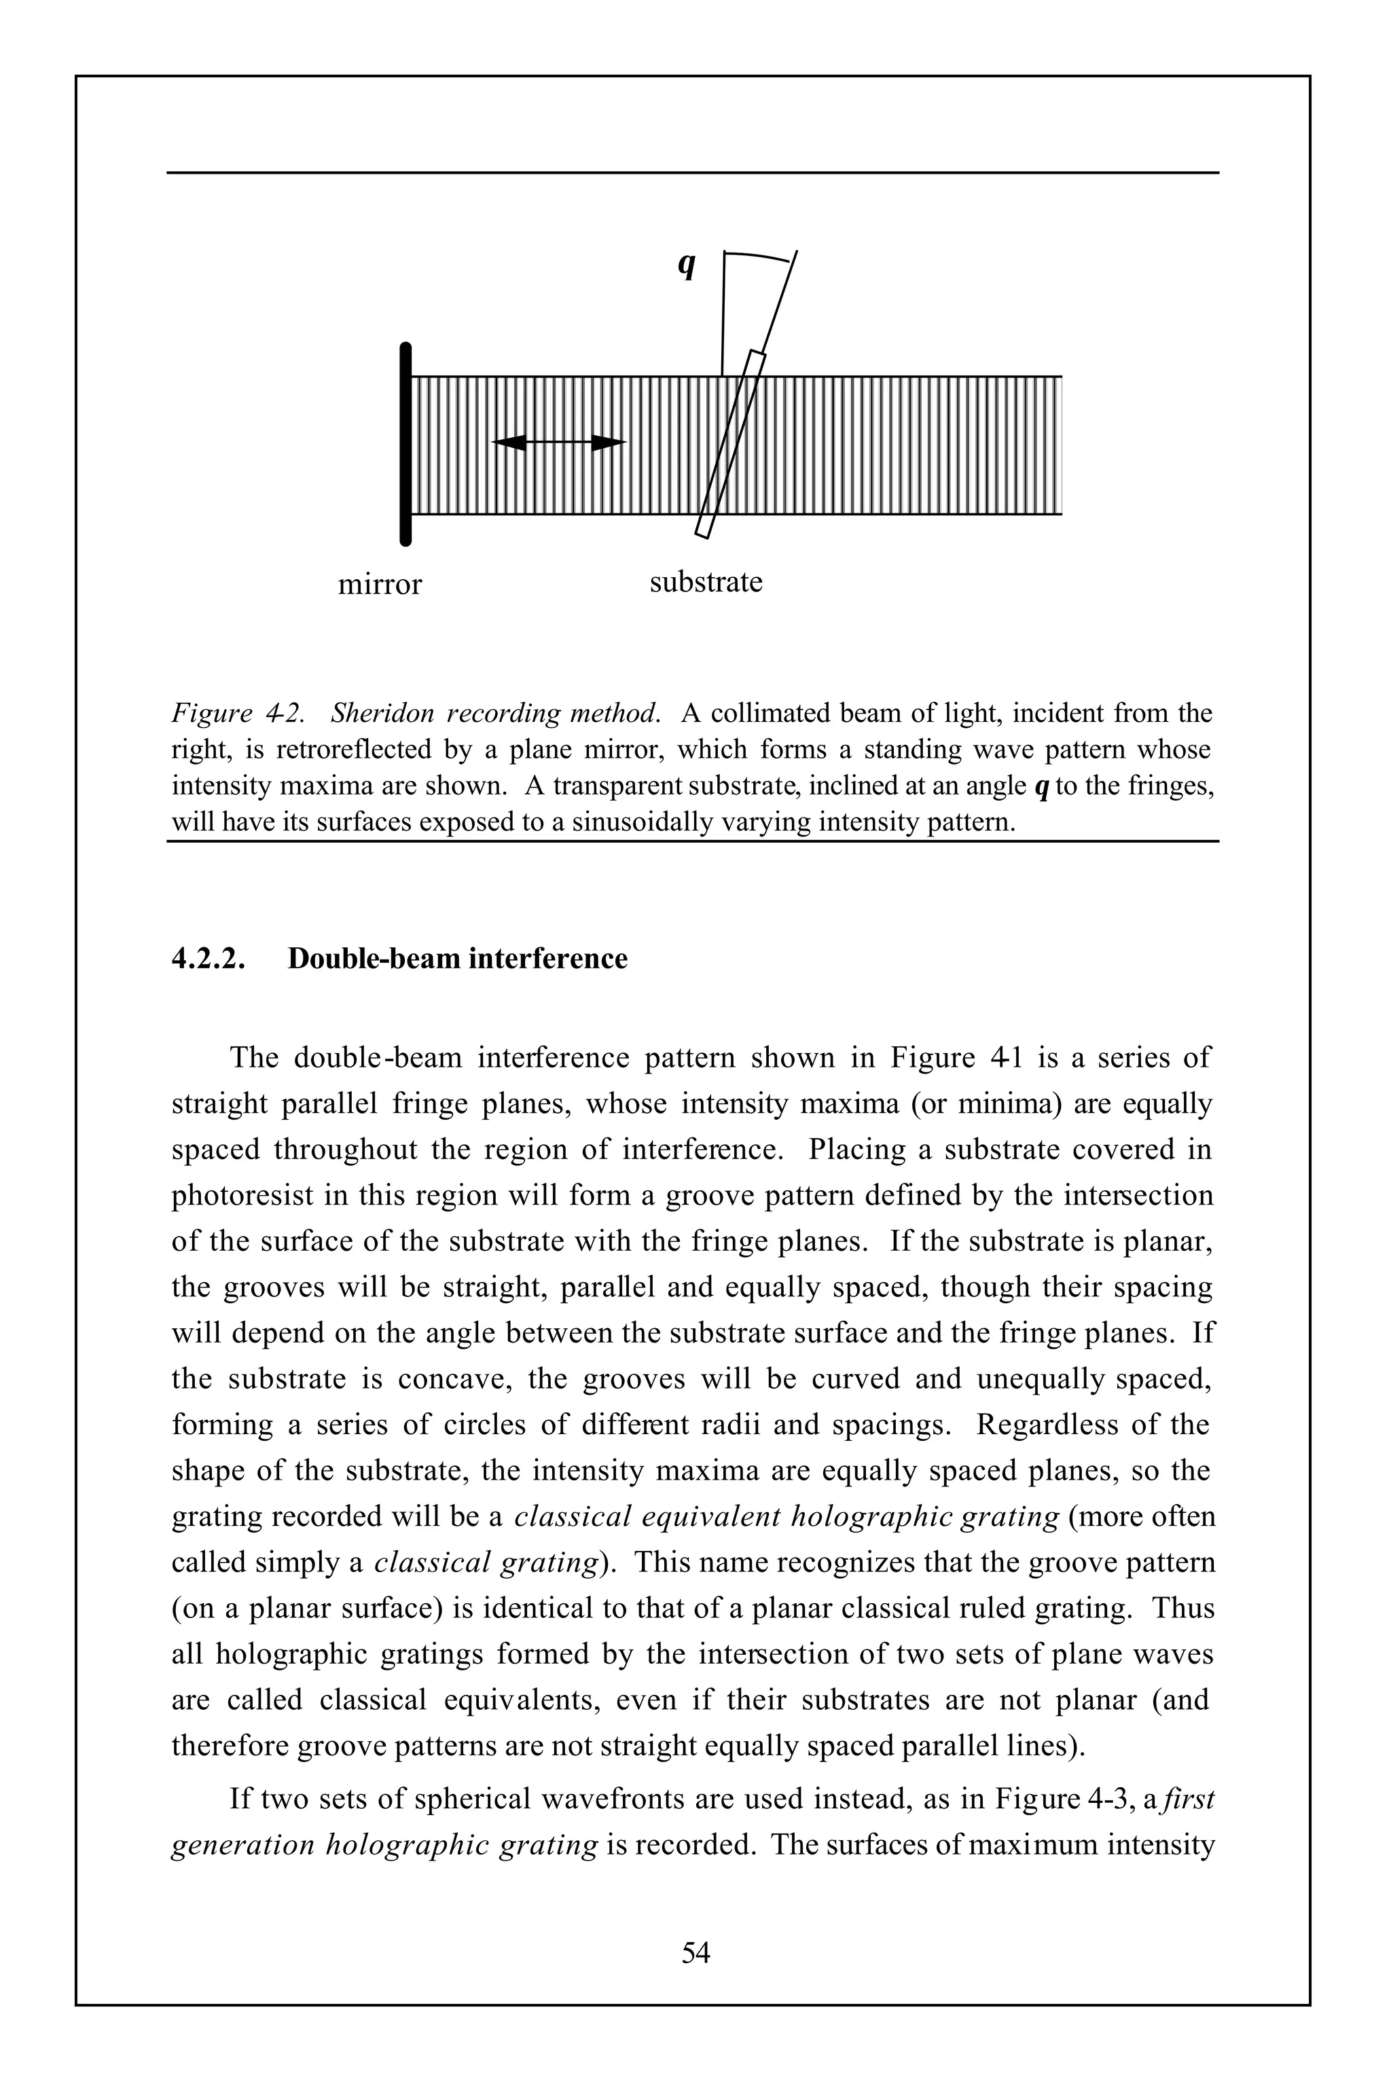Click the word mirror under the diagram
pyautogui.click(x=380, y=585)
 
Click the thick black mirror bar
pyautogui.click(x=405, y=443)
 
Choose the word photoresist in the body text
pyautogui.click(x=242, y=1196)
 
